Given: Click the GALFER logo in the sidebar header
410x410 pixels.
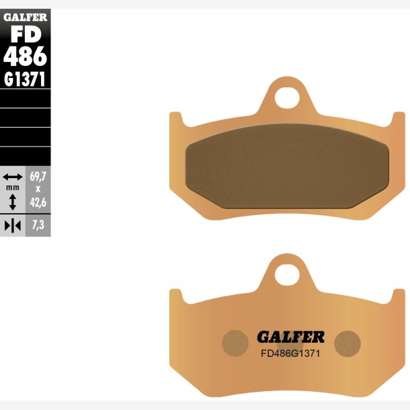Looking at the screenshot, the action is [x=25, y=17].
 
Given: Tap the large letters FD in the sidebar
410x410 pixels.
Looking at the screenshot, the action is [x=26, y=34].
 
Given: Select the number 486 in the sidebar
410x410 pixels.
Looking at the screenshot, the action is [x=25, y=56].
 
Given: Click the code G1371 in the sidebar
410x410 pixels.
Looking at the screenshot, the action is [x=25, y=79].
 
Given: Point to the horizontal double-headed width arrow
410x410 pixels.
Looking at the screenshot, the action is [x=13, y=177].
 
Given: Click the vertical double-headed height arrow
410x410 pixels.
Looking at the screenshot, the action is [x=13, y=202].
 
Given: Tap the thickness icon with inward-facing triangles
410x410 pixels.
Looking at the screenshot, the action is [x=13, y=226].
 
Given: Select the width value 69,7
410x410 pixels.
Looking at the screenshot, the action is [x=38, y=177].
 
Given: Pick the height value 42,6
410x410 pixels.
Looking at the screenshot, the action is [x=38, y=202].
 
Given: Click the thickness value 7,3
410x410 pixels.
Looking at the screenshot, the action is [x=38, y=225].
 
